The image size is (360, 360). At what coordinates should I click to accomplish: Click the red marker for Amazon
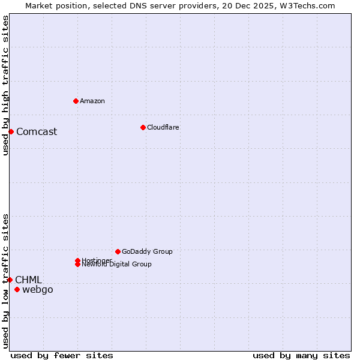(x=76, y=101)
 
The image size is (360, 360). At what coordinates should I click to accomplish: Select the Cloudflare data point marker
(x=143, y=127)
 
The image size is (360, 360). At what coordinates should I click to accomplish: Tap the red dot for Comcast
(x=11, y=131)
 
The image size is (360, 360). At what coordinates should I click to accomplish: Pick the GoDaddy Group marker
(x=118, y=251)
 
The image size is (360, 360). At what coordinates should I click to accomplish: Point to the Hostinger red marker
(x=77, y=260)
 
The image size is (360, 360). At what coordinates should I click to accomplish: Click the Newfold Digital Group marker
(x=77, y=265)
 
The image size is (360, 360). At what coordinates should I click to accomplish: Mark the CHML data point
(x=10, y=280)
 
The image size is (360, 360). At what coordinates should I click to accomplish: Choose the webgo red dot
(x=17, y=290)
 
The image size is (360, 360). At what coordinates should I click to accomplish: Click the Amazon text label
(x=92, y=101)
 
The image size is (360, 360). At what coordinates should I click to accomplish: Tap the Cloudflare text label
(x=163, y=127)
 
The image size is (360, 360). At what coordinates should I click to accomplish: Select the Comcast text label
(x=37, y=132)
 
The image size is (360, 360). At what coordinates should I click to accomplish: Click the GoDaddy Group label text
(x=147, y=251)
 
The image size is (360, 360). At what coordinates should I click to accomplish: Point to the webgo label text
(x=38, y=290)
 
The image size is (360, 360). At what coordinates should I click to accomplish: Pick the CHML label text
(x=28, y=280)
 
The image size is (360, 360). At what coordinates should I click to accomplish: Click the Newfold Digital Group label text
(x=117, y=265)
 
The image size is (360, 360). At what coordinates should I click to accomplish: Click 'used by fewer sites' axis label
(x=62, y=356)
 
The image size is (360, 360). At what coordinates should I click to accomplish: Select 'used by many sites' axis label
(x=301, y=356)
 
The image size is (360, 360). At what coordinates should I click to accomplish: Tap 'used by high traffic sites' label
(x=6, y=85)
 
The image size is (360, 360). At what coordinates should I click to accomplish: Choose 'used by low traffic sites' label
(x=6, y=281)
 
